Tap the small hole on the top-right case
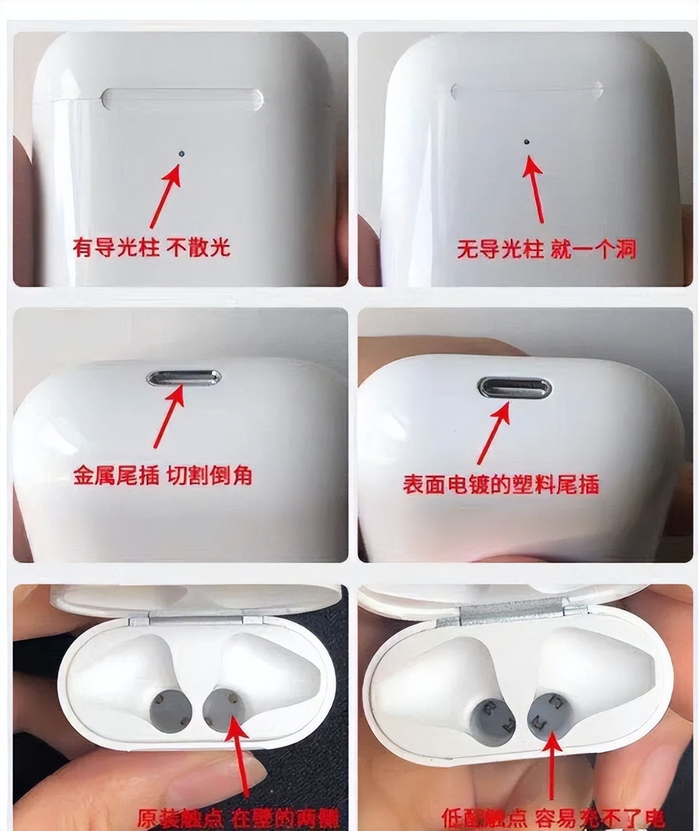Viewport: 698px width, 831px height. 527,141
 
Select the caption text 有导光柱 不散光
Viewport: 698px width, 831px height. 151,247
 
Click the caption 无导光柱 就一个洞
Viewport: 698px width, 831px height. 545,249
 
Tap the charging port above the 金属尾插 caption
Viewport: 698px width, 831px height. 184,378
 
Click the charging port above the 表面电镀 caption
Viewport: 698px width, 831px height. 514,387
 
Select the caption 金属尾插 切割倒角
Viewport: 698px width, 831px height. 162,476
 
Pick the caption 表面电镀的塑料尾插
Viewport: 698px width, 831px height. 500,485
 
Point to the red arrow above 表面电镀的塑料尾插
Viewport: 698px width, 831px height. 494,431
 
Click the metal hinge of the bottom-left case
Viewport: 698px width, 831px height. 196,620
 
